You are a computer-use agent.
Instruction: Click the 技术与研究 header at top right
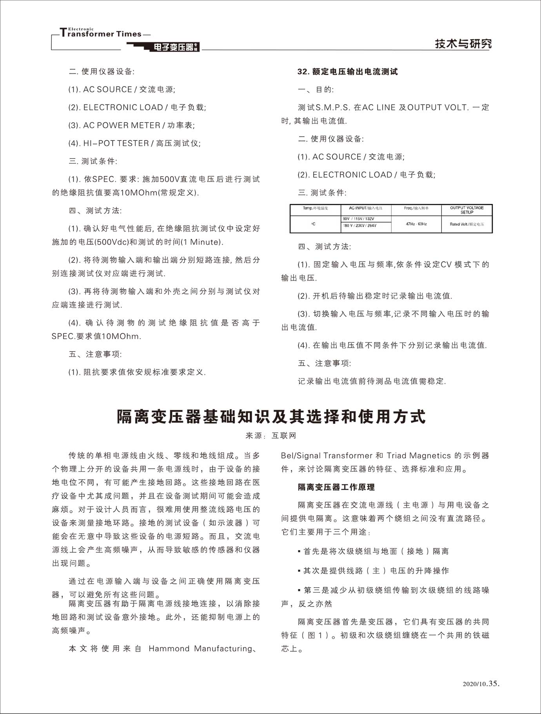click(463, 44)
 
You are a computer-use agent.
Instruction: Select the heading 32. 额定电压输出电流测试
click(347, 71)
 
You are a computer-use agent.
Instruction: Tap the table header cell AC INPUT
click(365, 208)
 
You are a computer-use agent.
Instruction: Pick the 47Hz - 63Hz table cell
click(416, 224)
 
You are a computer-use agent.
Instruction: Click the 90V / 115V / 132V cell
click(358, 219)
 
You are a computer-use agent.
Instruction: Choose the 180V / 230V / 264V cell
click(359, 226)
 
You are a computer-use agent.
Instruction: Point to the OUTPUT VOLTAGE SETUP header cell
click(467, 210)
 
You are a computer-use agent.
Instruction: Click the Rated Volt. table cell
click(467, 224)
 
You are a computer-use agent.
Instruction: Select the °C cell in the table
click(313, 224)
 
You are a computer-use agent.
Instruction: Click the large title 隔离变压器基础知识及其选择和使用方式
click(271, 417)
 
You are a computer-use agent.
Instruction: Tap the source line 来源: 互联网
click(271, 435)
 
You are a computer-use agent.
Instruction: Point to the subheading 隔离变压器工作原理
click(336, 487)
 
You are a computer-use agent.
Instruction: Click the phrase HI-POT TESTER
click(116, 144)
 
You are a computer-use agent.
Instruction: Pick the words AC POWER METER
click(122, 126)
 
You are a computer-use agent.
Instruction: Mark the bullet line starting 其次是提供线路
click(376, 571)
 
